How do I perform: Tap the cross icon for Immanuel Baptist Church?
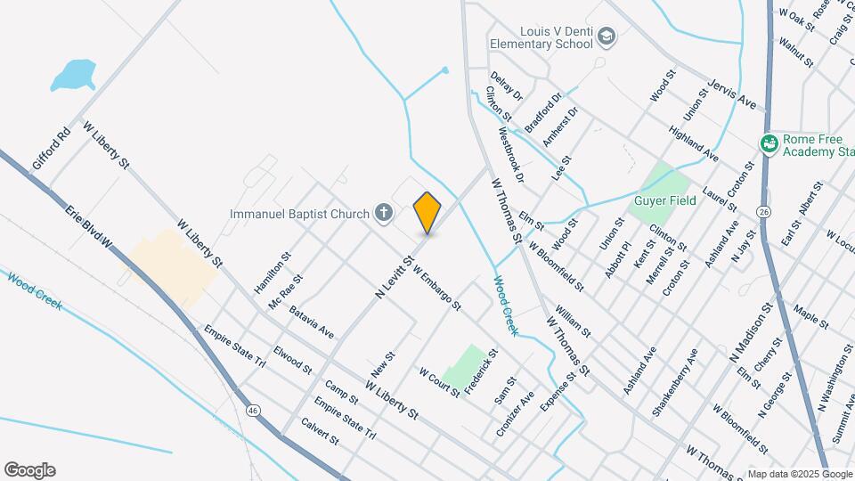point(383,213)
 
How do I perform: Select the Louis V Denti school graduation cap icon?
point(607,36)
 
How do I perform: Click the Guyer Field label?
point(665,200)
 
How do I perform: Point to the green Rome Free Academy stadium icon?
point(769,143)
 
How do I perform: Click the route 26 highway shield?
point(763,211)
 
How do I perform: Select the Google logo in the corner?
point(29,470)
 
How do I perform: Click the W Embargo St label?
point(436,291)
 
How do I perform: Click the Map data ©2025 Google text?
point(800,474)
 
